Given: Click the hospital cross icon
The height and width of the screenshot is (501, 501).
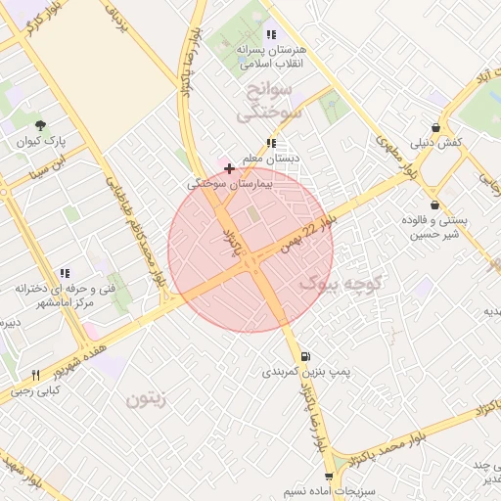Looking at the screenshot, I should (229, 168).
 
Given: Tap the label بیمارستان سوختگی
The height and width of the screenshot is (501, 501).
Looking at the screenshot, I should (228, 183).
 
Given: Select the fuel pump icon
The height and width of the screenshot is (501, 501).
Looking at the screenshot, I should (308, 356).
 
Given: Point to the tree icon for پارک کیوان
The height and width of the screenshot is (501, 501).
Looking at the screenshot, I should (40, 125).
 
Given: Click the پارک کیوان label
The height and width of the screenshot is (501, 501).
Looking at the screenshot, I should (40, 142).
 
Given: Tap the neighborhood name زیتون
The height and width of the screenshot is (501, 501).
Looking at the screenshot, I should (147, 399).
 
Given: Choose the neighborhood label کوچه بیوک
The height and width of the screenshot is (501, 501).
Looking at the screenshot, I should (334, 284).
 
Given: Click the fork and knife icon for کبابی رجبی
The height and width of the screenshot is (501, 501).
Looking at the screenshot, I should (36, 375).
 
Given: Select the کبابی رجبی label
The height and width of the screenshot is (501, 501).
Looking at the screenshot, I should (35, 390).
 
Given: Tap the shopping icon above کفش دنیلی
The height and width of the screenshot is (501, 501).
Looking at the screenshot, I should (435, 127).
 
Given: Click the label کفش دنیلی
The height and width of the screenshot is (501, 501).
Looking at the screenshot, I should (436, 143).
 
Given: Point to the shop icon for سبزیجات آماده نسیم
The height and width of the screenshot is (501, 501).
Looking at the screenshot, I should (329, 477).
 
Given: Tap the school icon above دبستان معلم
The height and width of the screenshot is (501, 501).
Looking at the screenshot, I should (271, 143).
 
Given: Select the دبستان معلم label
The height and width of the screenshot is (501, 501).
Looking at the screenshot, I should (271, 158).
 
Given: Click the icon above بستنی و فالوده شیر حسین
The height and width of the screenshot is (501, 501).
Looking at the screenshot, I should (432, 205).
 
